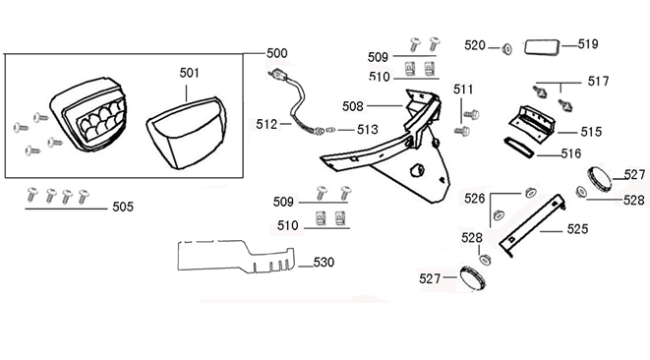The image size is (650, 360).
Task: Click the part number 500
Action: click(x=277, y=53)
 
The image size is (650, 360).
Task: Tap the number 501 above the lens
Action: click(x=189, y=72)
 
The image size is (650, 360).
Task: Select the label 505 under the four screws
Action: click(x=123, y=207)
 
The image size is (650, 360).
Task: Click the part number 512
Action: click(x=266, y=125)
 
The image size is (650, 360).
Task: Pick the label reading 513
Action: click(x=368, y=129)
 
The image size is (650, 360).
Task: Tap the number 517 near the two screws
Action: click(x=599, y=80)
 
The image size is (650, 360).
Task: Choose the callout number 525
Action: click(x=578, y=231)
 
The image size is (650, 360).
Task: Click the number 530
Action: click(x=324, y=263)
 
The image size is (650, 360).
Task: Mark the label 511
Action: click(x=464, y=90)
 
